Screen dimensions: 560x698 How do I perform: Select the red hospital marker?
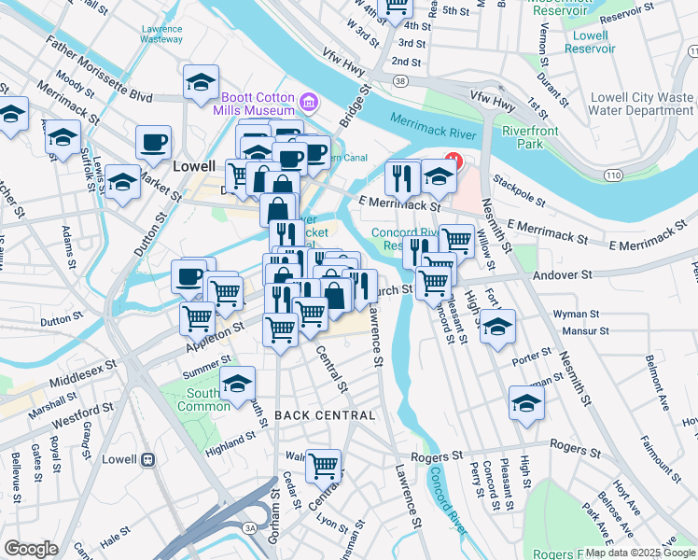click(454, 160)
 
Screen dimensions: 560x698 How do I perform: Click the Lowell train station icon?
click(147, 460)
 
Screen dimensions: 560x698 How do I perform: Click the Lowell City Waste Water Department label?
click(644, 104)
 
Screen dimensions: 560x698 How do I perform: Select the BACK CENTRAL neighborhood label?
click(325, 414)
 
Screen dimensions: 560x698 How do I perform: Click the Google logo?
click(32, 549)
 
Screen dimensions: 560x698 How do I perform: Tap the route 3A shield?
click(249, 527)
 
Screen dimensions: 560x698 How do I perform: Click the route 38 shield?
click(399, 82)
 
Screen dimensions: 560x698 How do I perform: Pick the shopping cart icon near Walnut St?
click(323, 465)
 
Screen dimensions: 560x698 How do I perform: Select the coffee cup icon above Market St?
click(153, 143)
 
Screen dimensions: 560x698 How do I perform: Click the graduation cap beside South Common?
click(237, 382)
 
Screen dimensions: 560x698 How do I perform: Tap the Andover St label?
click(563, 275)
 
